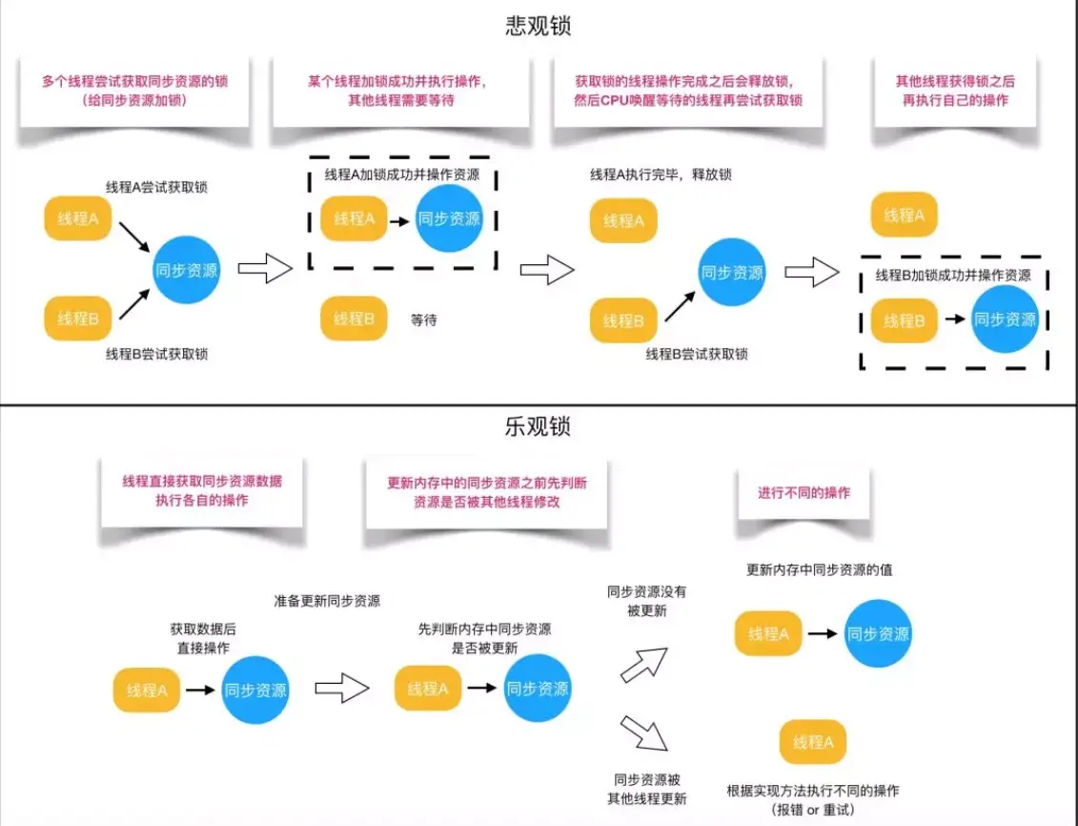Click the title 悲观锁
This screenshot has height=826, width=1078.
click(538, 26)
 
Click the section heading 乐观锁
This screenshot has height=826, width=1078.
click(538, 426)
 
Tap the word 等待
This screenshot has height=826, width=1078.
click(423, 320)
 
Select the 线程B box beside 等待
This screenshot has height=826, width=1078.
click(354, 319)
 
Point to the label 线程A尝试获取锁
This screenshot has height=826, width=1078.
click(156, 187)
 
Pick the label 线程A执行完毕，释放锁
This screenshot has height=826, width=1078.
click(661, 175)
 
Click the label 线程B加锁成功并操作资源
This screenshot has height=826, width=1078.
click(953, 276)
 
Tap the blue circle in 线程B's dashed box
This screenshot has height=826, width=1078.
click(1005, 320)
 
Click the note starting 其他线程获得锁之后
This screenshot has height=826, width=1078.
click(954, 91)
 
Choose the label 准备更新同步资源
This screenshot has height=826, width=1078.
click(326, 601)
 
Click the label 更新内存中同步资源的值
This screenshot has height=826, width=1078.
click(819, 569)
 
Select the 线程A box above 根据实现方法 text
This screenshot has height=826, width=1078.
click(813, 742)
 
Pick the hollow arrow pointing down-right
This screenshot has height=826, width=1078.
click(644, 733)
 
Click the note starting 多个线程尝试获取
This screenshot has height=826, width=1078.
click(133, 91)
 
